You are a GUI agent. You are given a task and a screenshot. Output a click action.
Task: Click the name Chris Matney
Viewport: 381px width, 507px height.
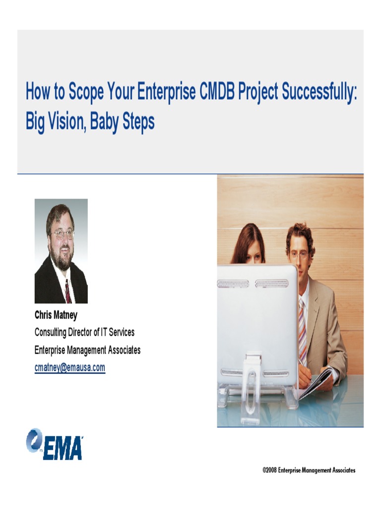coord(56,314)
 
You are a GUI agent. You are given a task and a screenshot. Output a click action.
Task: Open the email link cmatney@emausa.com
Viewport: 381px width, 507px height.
coord(69,367)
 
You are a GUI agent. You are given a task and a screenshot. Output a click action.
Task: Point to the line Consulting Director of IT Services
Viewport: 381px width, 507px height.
coord(84,332)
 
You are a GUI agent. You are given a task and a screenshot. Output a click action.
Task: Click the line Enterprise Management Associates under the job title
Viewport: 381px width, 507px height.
coord(87,350)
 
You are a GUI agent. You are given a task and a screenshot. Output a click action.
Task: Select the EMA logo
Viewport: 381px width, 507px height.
coord(55,444)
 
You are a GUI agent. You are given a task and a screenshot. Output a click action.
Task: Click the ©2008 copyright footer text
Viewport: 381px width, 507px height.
coord(309,470)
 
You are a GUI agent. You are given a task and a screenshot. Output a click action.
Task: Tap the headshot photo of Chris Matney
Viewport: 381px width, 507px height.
coord(61,251)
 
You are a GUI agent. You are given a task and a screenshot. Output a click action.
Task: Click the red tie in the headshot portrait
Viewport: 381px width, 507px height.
coord(67,292)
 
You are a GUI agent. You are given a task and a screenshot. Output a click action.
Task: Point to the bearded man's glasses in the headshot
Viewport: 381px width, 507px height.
coord(63,233)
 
